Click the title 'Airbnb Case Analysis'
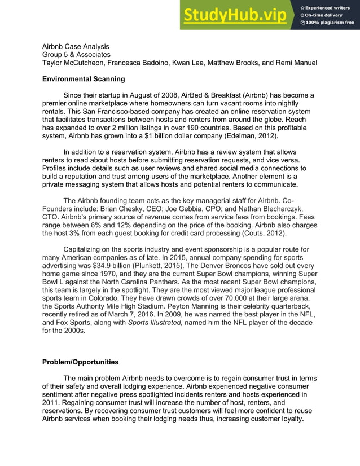[x=76, y=46]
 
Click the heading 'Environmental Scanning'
[x=84, y=79]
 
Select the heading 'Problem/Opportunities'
[x=80, y=362]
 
